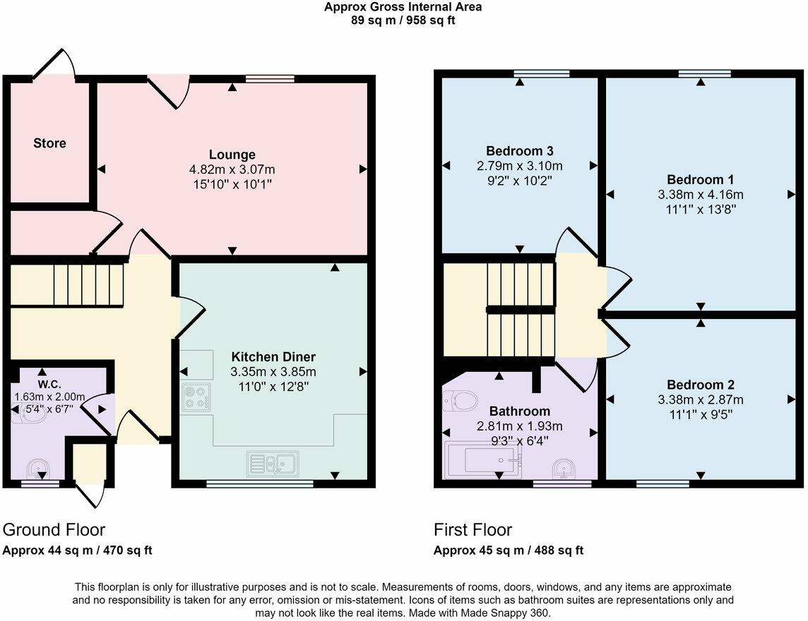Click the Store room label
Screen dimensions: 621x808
(x=49, y=143)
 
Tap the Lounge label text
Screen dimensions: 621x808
(x=232, y=155)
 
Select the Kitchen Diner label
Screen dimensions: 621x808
(x=273, y=356)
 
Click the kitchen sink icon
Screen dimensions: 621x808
(x=273, y=463)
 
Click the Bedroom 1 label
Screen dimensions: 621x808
(x=700, y=179)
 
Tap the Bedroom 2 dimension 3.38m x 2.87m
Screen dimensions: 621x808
(x=700, y=399)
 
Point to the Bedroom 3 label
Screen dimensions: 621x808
(x=519, y=151)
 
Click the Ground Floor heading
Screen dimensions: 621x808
(x=54, y=530)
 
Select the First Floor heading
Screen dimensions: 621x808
(x=473, y=530)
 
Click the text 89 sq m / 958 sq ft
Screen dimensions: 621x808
(x=403, y=20)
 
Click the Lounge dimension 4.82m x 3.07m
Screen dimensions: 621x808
(x=232, y=169)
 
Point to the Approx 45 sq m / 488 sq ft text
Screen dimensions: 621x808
(x=508, y=550)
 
